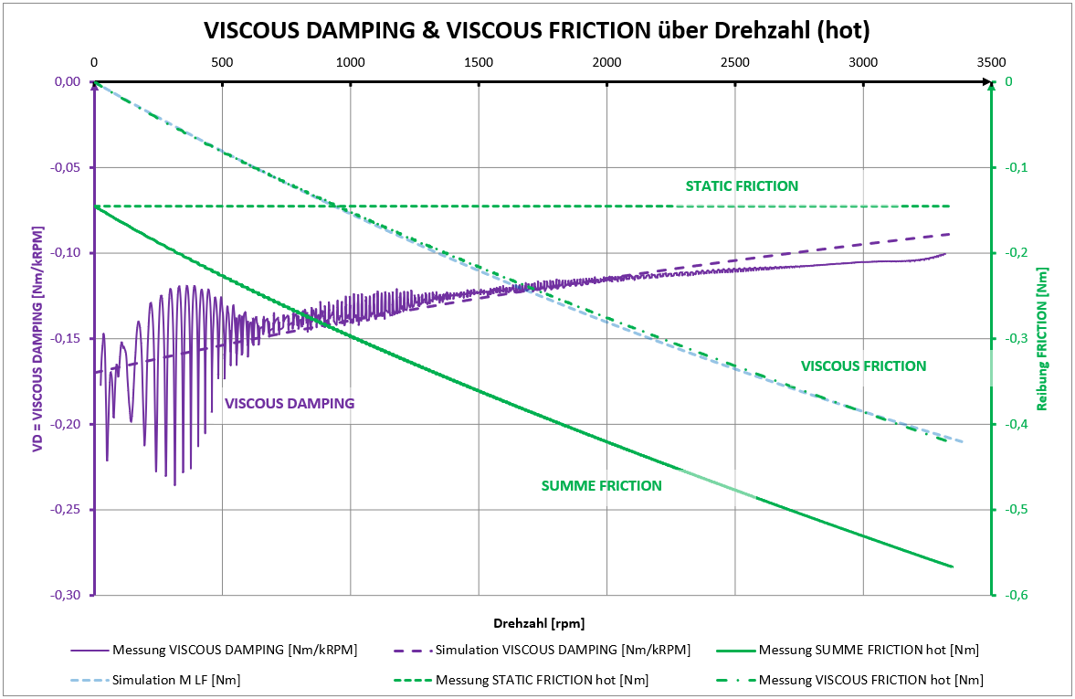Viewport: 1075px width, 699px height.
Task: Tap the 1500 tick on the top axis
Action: pyautogui.click(x=478, y=62)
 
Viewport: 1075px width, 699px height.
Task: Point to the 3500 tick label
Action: pyautogui.click(x=990, y=62)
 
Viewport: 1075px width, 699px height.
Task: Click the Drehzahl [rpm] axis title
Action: pyautogui.click(x=538, y=623)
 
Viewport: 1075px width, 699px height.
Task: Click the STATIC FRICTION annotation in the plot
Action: pyautogui.click(x=742, y=186)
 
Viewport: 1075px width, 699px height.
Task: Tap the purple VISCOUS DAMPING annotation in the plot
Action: pyautogui.click(x=290, y=403)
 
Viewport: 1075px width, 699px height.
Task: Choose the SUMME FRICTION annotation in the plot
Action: pyautogui.click(x=601, y=486)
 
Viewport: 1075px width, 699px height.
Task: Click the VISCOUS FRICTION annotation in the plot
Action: pyautogui.click(x=863, y=366)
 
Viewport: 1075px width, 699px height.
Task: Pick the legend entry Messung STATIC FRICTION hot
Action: pyautogui.click(x=543, y=680)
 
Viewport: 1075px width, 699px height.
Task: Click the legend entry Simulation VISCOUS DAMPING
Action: pyautogui.click(x=563, y=651)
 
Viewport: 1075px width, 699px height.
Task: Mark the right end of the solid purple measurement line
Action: pyautogui.click(x=944, y=254)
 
